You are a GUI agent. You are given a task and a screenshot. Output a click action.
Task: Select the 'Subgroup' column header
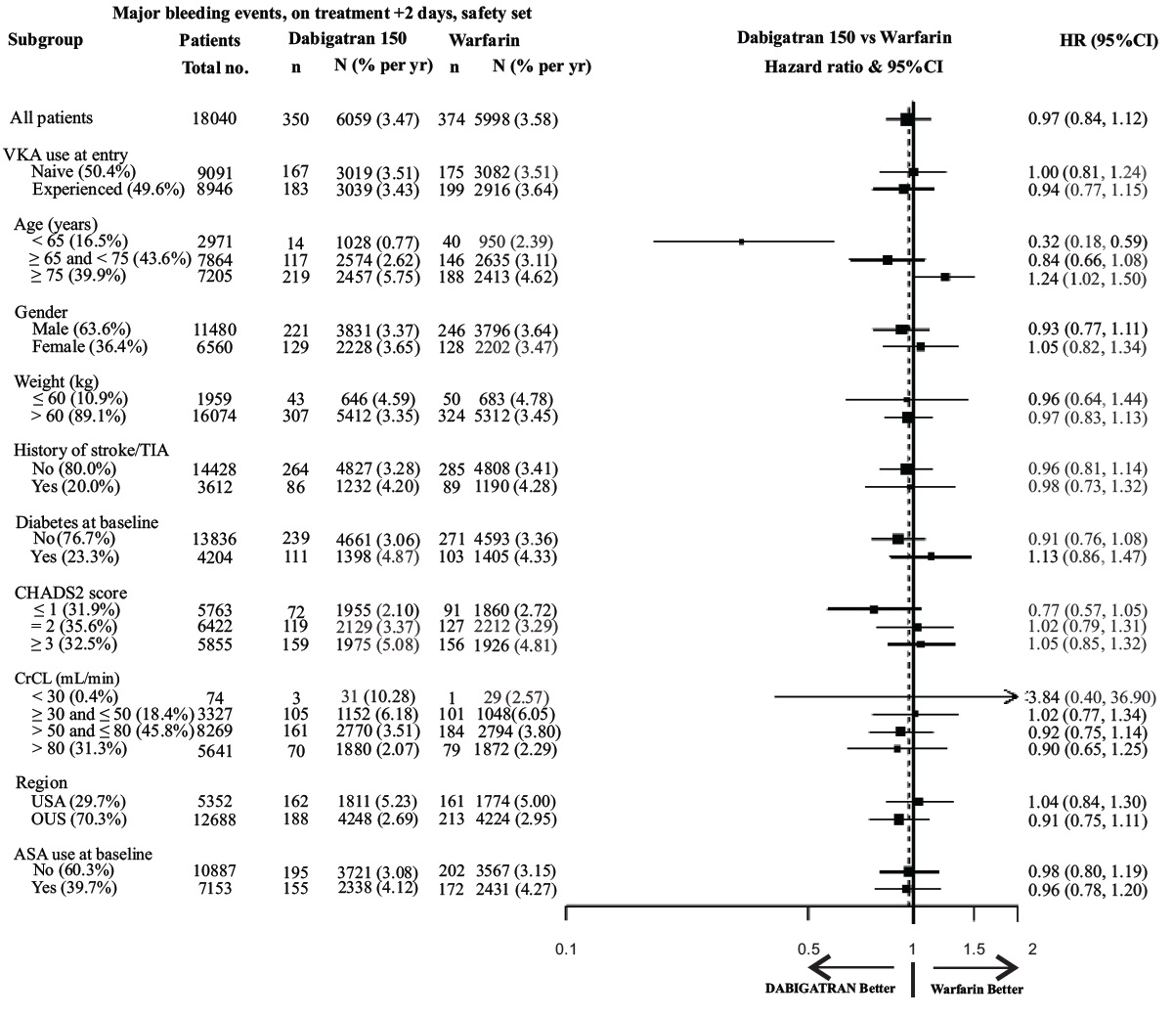pos(46,40)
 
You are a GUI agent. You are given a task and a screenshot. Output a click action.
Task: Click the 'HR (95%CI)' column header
pos(1102,40)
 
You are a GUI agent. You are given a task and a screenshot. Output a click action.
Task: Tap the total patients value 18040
pos(214,119)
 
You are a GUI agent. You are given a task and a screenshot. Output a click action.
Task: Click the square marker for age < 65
pos(741,241)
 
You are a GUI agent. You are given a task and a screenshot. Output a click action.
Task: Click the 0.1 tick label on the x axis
pos(565,949)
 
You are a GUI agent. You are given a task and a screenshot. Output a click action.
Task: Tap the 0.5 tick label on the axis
pos(807,949)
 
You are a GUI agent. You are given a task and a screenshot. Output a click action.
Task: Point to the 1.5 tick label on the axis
pos(974,949)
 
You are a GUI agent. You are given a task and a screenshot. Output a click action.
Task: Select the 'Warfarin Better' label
pos(977,989)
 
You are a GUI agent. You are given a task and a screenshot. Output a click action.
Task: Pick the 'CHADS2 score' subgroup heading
pos(70,592)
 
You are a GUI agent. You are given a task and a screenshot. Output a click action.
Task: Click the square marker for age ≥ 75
pos(945,278)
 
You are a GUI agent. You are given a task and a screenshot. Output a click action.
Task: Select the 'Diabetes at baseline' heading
pos(86,521)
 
